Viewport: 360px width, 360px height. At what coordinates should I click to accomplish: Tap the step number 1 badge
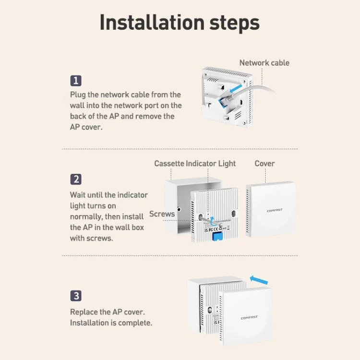pos(76,81)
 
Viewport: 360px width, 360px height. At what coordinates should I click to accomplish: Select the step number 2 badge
pos(76,180)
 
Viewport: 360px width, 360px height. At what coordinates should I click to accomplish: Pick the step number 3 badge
pos(76,296)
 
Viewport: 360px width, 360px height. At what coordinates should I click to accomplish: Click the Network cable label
pos(264,63)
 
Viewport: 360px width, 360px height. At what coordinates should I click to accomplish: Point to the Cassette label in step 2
pos(169,164)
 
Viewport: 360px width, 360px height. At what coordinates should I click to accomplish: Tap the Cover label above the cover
pos(264,164)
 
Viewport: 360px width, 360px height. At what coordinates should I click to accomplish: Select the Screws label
pos(162,214)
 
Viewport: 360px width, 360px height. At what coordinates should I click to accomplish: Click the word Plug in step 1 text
pos(78,95)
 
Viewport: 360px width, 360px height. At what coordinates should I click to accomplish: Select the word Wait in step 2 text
pos(78,195)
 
